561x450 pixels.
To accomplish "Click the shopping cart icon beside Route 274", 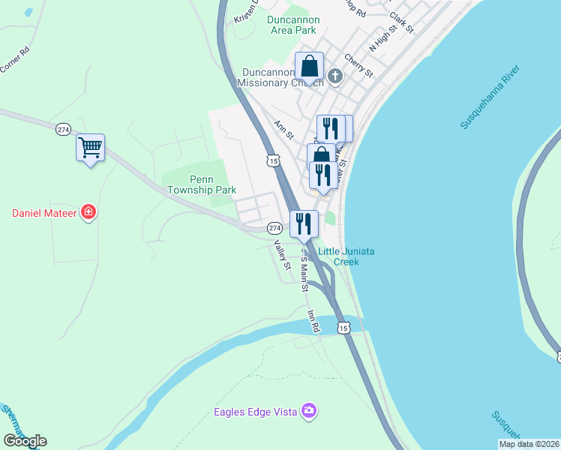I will (90, 148).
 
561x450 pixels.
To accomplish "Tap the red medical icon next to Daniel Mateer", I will (88, 213).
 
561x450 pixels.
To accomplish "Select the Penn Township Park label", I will (202, 185).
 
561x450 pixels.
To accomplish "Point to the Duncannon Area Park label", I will (293, 25).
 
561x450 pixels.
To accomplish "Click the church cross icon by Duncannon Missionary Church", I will (334, 75).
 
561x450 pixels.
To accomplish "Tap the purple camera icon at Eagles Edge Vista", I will (308, 410).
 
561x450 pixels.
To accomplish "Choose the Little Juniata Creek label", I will (346, 256).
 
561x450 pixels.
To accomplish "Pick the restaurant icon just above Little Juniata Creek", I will (303, 223).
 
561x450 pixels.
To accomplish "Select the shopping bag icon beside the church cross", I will (309, 66).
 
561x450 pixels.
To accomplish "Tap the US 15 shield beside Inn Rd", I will (343, 328).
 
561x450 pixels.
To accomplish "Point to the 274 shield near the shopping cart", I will (63, 130).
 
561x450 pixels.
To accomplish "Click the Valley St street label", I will (281, 255).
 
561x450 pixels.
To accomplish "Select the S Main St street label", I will (304, 274).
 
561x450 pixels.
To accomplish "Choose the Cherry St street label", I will (358, 65).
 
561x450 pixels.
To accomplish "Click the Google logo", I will (25, 441).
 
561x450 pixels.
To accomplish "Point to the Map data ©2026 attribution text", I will (529, 444).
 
